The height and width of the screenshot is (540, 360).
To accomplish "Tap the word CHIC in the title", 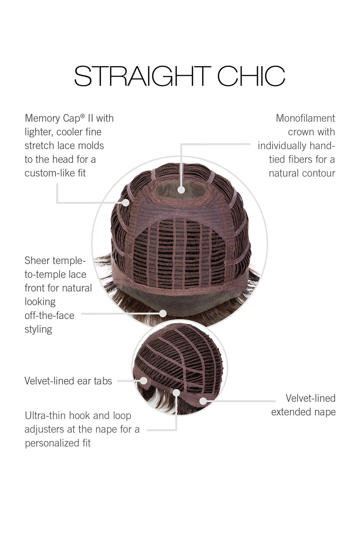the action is [251, 76].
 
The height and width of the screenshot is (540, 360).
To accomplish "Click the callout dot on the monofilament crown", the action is [181, 190].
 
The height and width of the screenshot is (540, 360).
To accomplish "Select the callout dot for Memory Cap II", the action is [126, 202].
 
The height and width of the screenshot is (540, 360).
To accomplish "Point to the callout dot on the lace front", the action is [163, 314].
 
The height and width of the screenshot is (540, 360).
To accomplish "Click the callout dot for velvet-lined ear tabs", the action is [144, 381].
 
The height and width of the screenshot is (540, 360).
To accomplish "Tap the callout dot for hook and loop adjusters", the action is [176, 393].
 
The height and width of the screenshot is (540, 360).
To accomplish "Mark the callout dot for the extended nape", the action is [203, 401].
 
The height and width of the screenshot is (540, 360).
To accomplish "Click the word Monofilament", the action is [306, 118].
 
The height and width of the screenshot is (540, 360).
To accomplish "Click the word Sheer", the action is [36, 261].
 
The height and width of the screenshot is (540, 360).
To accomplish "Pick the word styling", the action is [38, 329].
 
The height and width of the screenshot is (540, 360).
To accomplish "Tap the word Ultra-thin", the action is [45, 415].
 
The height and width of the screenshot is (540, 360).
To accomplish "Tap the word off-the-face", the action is [49, 316].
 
